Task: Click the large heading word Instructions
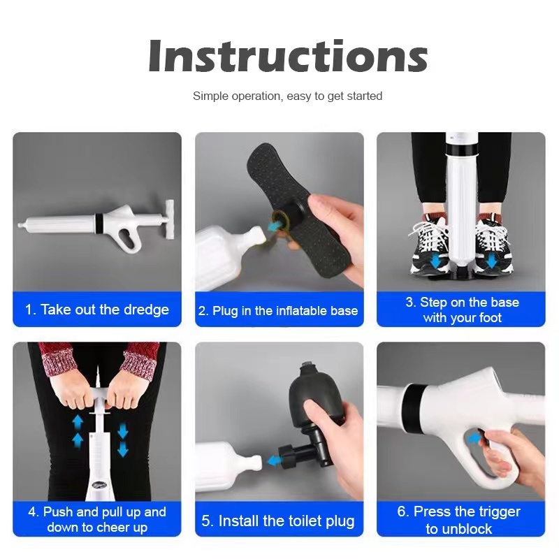[x=288, y=57]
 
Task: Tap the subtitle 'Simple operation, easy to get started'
[x=287, y=96]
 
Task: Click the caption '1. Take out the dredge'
[x=97, y=310]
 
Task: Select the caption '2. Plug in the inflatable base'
[x=278, y=310]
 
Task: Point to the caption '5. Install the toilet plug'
[x=278, y=521]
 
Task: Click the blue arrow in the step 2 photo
[x=274, y=225]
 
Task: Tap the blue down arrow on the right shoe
[x=492, y=261]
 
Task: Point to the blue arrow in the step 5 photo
[x=273, y=460]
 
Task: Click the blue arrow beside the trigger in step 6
[x=474, y=438]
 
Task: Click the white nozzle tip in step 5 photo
[x=256, y=461]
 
